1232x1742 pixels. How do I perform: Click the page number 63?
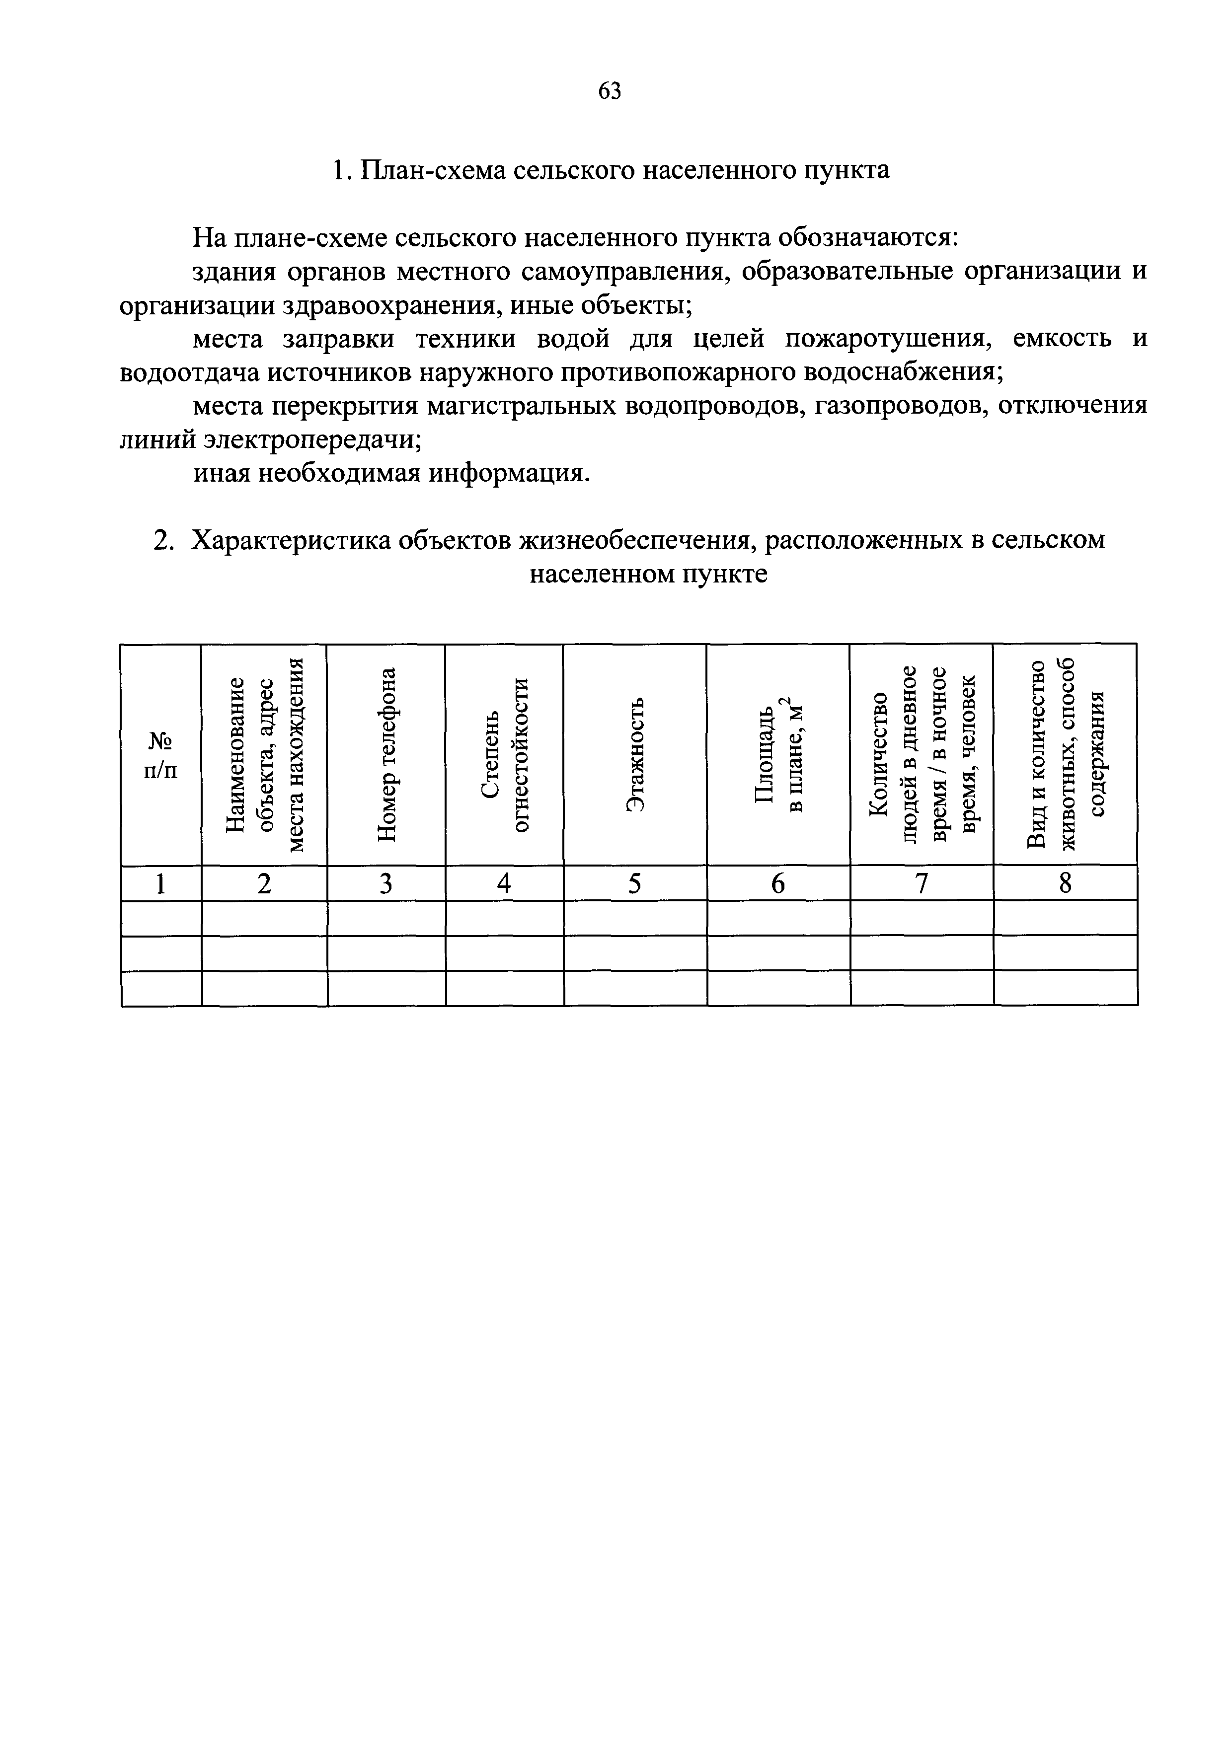[610, 91]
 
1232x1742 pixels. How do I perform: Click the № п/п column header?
[161, 754]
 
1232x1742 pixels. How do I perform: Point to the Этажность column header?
[635, 754]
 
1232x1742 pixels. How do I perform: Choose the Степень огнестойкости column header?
[505, 754]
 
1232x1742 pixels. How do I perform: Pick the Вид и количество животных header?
[1066, 754]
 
